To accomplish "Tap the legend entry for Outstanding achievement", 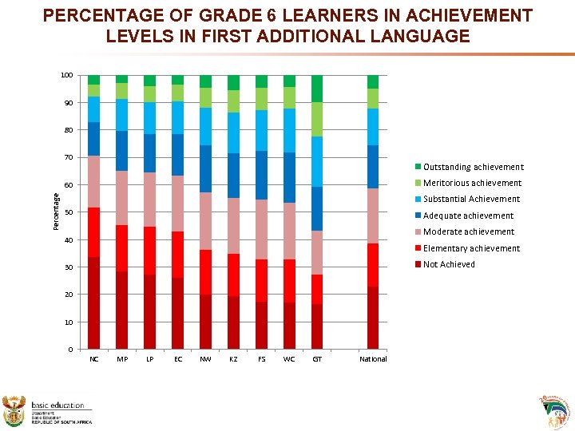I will click(x=473, y=167).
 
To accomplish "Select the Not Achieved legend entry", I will click(x=448, y=264).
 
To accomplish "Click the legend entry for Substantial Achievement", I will click(x=471, y=200).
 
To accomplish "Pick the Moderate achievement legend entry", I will click(x=469, y=231).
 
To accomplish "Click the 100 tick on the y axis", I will click(x=66, y=75).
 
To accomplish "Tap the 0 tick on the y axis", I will click(x=70, y=350).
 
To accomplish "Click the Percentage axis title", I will click(x=56, y=212).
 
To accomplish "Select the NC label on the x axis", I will click(x=94, y=359).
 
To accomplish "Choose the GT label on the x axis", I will click(x=317, y=359).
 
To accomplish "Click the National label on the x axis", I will click(x=373, y=359).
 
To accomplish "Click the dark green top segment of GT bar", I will click(x=317, y=89).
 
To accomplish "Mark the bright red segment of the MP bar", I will click(x=121, y=248).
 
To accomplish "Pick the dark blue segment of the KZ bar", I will click(x=233, y=176).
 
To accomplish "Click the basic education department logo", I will click(x=48, y=412).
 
